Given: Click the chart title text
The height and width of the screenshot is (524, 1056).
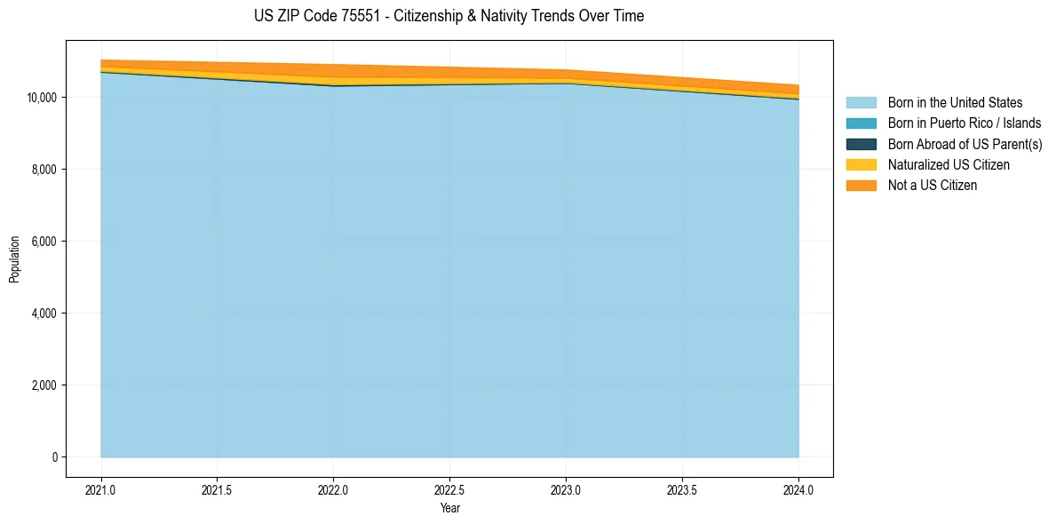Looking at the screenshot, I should tap(449, 16).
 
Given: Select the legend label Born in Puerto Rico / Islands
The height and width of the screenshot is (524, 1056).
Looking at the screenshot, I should tap(964, 123).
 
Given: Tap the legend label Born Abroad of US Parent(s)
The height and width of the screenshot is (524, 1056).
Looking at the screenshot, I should tap(965, 144).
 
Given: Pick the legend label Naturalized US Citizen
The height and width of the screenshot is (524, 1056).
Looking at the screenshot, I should tap(949, 165).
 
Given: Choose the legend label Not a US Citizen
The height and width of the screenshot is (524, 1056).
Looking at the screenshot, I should tap(932, 186).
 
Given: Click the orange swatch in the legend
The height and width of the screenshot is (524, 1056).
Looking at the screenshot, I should tap(861, 186).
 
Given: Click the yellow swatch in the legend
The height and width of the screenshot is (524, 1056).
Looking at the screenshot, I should tap(861, 165).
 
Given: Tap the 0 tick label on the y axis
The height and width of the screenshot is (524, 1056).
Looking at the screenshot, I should tap(54, 457).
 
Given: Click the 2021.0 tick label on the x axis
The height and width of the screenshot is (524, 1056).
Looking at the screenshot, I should tap(101, 489).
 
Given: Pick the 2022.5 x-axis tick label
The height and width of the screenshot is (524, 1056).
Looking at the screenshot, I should tap(449, 489).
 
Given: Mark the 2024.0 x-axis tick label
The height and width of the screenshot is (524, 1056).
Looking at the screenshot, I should tap(798, 489).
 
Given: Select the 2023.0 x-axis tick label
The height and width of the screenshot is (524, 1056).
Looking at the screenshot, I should tap(566, 489).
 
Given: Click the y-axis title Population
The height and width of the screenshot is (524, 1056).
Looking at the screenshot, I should tap(14, 259).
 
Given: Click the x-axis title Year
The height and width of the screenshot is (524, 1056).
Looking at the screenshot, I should tap(449, 508).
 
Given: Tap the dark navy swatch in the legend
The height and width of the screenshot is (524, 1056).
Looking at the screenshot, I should tap(861, 144).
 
